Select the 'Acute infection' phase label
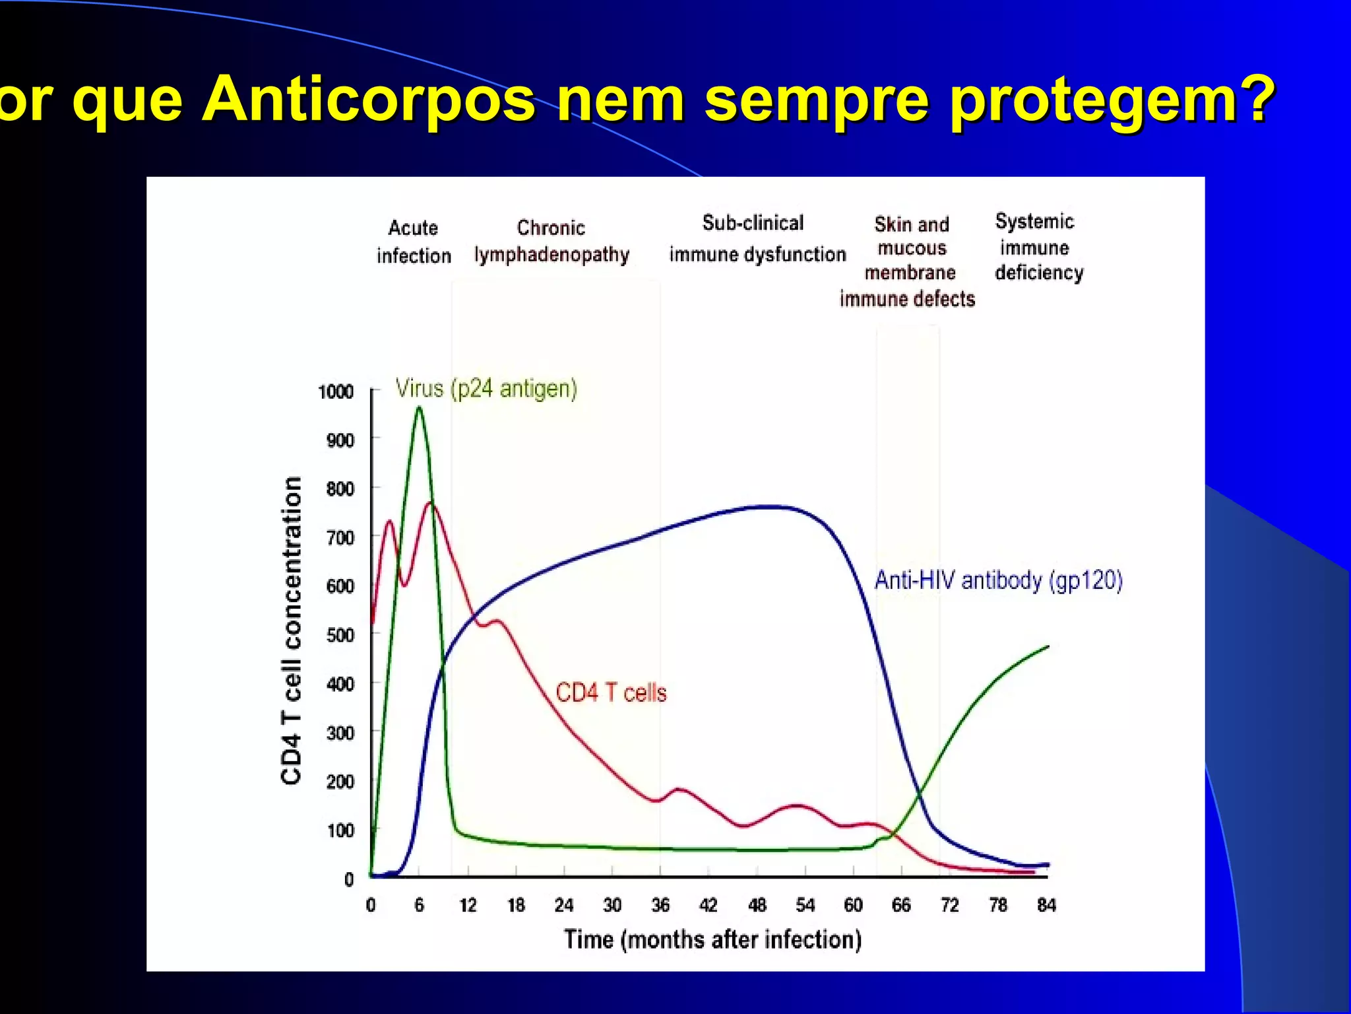tap(414, 242)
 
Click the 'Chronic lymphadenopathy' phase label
tap(551, 242)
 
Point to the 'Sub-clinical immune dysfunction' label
tap(757, 239)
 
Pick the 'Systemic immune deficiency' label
tap(1038, 247)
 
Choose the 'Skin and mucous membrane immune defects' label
tap(908, 261)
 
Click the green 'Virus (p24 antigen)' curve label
tap(486, 388)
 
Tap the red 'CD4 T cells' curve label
tap(611, 693)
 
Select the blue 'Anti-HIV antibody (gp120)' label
tap(998, 580)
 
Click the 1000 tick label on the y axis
tap(336, 392)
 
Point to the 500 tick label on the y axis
tap(340, 635)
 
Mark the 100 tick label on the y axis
tap(340, 830)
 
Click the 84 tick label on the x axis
tap(1046, 905)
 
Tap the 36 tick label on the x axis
tap(660, 905)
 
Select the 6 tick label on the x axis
tap(419, 905)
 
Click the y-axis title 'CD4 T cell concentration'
tap(292, 630)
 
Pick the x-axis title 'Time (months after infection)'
tap(712, 939)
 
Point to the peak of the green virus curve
tap(419, 407)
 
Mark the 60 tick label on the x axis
tap(853, 905)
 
